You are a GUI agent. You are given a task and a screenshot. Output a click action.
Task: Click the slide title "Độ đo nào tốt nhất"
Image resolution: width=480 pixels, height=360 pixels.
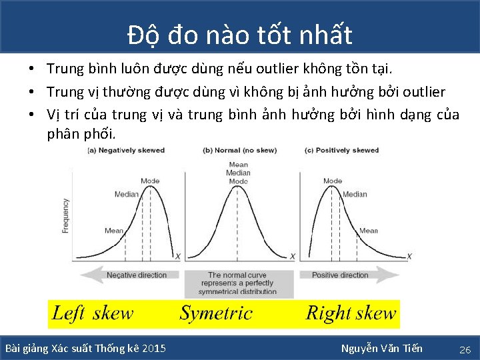click(240, 34)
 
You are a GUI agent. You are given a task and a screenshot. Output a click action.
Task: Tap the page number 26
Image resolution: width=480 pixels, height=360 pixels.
click(465, 349)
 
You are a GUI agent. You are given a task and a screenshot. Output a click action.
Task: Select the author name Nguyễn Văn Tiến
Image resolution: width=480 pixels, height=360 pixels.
click(381, 348)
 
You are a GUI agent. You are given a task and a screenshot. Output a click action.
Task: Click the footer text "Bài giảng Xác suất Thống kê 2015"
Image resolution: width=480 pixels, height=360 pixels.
click(86, 348)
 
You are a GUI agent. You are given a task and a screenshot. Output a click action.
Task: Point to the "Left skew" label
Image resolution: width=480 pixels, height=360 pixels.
click(93, 313)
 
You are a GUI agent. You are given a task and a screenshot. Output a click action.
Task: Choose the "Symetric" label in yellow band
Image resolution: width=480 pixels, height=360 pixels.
click(216, 313)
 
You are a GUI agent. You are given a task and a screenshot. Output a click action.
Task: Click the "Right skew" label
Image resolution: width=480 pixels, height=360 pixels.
click(351, 313)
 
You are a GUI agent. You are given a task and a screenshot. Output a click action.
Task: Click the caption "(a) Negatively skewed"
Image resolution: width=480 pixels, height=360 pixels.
click(126, 150)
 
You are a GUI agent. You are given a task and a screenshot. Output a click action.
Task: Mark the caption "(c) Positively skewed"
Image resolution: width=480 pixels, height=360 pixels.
click(341, 150)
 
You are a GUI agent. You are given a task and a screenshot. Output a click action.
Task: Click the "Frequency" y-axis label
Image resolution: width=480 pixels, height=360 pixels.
click(65, 215)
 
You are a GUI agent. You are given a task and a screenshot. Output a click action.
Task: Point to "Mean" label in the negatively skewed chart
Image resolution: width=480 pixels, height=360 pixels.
click(114, 231)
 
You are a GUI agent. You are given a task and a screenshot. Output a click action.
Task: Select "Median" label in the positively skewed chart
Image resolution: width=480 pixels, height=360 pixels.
click(355, 195)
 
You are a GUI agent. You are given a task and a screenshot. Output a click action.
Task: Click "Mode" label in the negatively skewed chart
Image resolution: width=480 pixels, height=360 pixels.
click(150, 181)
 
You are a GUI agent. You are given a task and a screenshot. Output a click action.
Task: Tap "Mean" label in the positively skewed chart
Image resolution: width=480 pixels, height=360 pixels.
click(369, 231)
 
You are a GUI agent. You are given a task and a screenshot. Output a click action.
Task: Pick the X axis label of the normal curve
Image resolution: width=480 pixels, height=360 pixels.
click(293, 256)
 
